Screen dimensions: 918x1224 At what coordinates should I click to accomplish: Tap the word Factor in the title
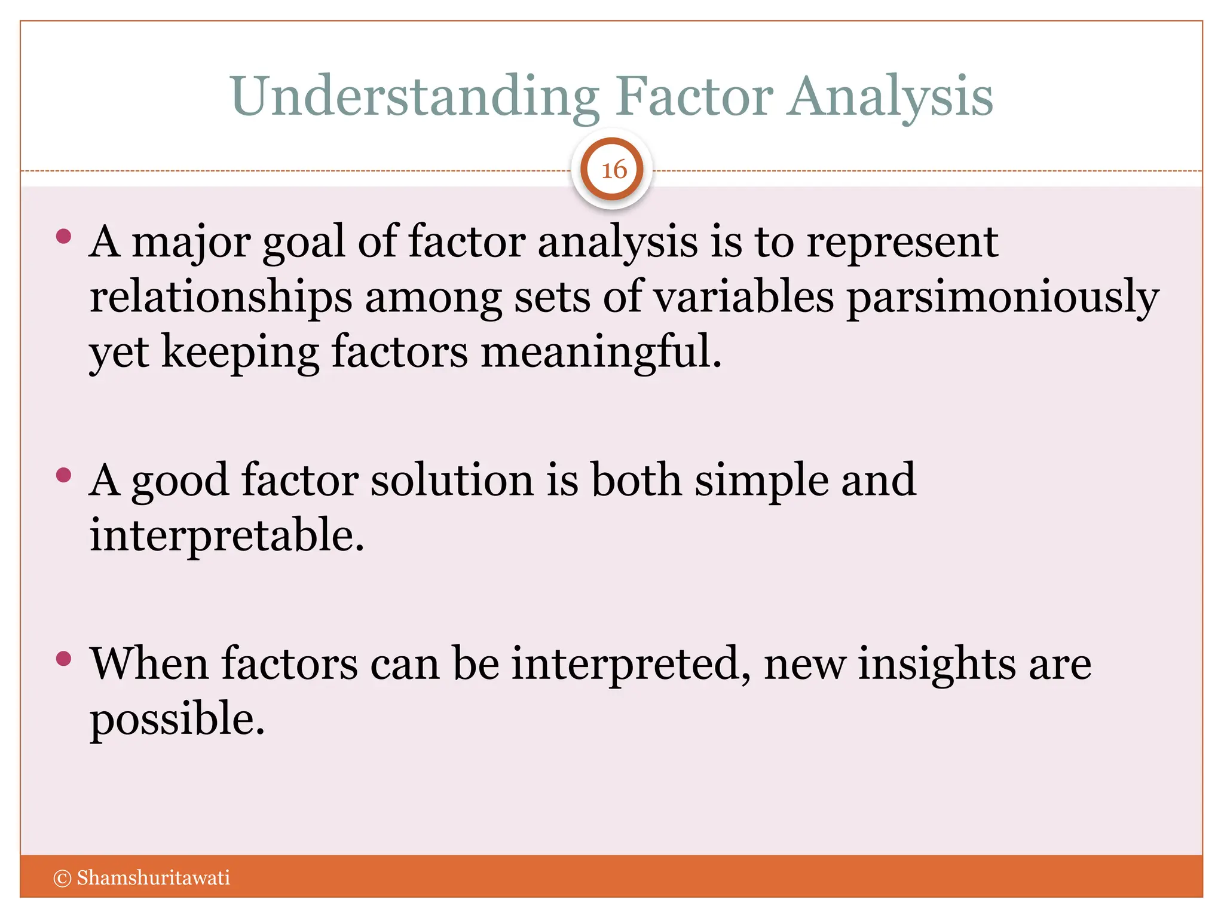coord(694,97)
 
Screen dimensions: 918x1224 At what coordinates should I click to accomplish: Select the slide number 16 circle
coord(612,170)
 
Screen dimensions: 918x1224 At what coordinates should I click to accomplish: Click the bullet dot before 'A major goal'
coord(63,237)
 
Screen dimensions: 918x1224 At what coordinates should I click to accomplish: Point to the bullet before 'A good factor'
coord(63,476)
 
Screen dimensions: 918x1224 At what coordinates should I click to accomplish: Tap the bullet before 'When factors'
coord(63,659)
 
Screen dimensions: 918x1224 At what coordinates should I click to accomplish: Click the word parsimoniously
coord(1002,298)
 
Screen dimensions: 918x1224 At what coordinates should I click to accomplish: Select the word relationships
coord(221,298)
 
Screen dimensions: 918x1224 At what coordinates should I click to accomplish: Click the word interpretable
coord(227,535)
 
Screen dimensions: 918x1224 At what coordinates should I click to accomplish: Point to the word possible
coord(177,719)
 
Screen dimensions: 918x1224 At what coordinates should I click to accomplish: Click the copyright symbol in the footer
coord(62,878)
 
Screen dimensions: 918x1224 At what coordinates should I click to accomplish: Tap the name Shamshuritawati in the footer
coord(153,878)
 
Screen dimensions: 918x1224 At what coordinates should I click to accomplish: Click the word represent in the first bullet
coord(902,242)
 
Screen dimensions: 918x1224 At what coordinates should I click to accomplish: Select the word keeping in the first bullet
coord(240,353)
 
